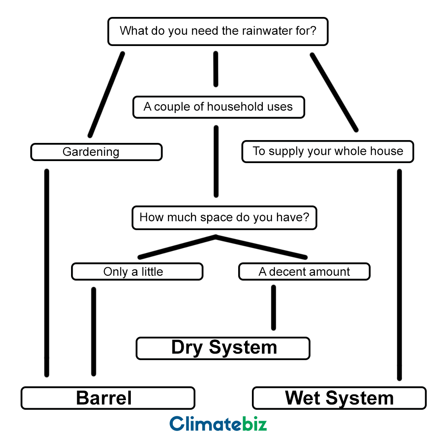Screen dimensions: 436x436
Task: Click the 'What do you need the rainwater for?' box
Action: point(218,31)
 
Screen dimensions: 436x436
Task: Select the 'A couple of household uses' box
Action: point(218,107)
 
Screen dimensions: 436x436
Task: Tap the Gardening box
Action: point(96,152)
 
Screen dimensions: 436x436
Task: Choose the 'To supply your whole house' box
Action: point(327,151)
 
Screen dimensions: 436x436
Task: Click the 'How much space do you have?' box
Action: point(224,218)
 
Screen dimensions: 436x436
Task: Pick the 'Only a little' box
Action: point(137,272)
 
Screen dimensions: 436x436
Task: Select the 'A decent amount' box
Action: point(304,272)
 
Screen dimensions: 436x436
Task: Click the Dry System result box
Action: point(223,348)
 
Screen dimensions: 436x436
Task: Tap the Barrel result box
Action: point(108,398)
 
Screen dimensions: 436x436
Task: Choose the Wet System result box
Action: point(339,398)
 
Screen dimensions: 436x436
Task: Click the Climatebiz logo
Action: point(218,423)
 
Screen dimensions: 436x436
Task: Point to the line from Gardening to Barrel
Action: point(46,272)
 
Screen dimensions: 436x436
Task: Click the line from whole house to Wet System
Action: point(399,275)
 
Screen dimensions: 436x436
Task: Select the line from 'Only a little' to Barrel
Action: point(94,331)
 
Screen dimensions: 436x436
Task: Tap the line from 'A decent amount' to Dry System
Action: point(273,308)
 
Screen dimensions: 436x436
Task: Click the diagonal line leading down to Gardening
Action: point(106,94)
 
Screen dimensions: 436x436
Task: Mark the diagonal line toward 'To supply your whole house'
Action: point(334,92)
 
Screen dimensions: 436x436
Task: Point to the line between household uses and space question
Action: point(216,161)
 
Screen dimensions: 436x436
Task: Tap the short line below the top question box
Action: point(216,69)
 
